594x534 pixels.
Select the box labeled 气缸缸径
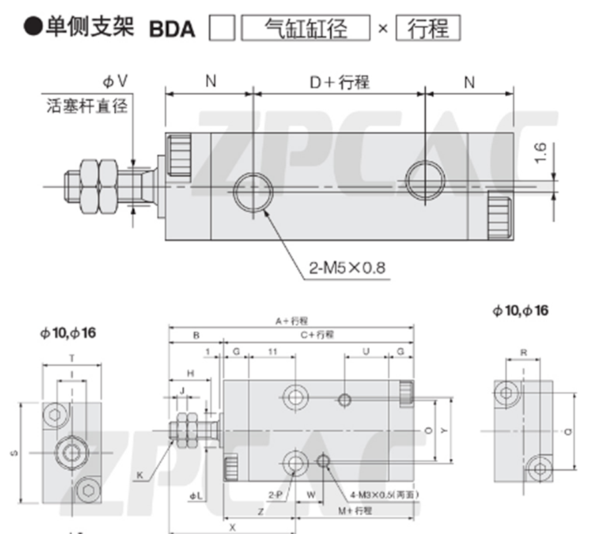coord(305,28)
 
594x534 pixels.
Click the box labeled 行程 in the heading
coord(428,28)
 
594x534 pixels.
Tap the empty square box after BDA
coord(222,28)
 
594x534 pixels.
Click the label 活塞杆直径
coord(87,105)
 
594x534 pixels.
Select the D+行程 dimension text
coord(339,81)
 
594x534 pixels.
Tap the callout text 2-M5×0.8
coord(346,268)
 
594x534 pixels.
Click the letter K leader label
coord(140,475)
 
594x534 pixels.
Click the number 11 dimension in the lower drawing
coord(272,351)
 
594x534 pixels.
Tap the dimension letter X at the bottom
coord(232,525)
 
